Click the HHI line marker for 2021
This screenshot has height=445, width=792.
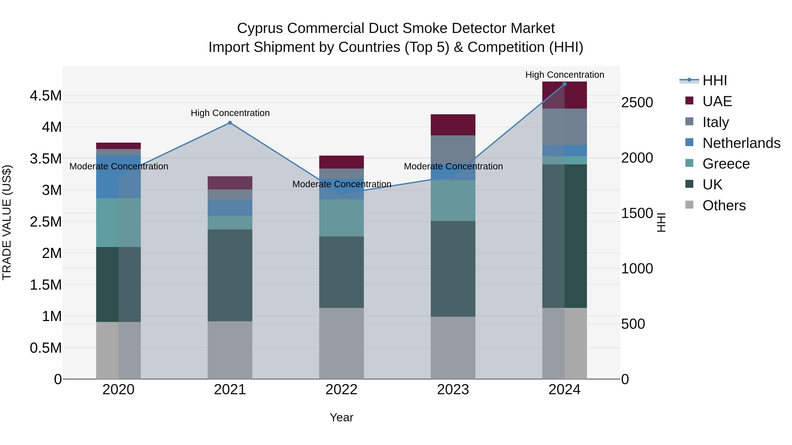click(230, 123)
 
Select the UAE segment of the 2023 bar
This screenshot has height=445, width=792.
click(453, 125)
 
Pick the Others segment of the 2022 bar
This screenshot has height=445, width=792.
click(341, 343)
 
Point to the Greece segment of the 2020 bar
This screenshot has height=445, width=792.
click(118, 222)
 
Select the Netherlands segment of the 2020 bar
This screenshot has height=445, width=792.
click(118, 177)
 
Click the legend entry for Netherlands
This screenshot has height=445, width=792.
click(741, 143)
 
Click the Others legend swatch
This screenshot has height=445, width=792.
click(689, 205)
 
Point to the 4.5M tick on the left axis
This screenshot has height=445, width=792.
click(46, 96)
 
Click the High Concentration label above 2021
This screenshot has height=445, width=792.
click(230, 113)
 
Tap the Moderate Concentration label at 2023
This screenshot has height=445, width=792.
click(453, 166)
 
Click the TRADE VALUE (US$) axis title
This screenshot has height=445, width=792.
click(7, 222)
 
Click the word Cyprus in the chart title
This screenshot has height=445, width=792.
click(260, 28)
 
